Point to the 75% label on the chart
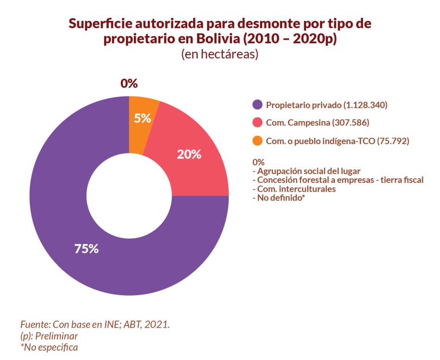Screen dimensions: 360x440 tap(87, 248)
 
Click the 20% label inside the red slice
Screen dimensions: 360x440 tap(189, 154)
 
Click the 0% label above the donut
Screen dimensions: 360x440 tap(129, 83)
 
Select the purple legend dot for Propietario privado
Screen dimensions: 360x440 tap(258, 105)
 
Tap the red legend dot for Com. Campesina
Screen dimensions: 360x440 tap(258, 123)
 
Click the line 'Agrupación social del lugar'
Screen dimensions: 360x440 tap(306, 171)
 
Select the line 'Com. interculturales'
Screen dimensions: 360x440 tap(294, 189)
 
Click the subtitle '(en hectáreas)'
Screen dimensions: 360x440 tap(220, 54)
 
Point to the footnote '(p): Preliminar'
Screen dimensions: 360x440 tap(49, 335)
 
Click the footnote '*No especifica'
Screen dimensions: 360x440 tap(49, 347)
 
